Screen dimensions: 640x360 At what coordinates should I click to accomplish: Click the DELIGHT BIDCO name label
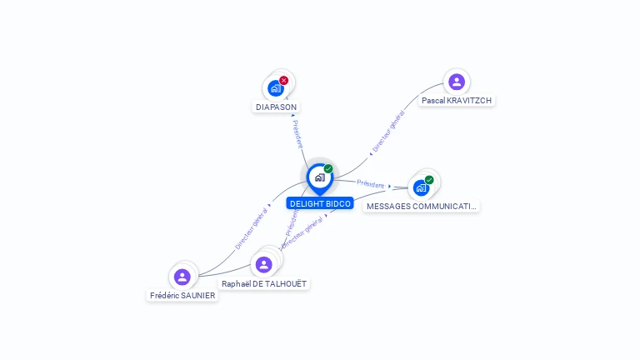pyautogui.click(x=320, y=203)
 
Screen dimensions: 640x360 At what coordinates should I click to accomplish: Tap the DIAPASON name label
pyautogui.click(x=276, y=107)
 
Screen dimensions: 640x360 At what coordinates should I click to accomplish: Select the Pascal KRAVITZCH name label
pyautogui.click(x=457, y=100)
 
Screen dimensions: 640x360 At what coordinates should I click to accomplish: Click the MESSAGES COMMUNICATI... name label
pyautogui.click(x=422, y=206)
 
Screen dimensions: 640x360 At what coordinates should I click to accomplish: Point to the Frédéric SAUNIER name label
pyautogui.click(x=182, y=295)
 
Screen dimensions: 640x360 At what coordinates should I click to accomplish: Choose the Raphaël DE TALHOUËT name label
pyautogui.click(x=264, y=283)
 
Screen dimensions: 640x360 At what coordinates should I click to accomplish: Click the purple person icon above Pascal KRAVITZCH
pyautogui.click(x=457, y=82)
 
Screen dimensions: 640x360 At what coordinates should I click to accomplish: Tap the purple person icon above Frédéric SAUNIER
pyautogui.click(x=182, y=277)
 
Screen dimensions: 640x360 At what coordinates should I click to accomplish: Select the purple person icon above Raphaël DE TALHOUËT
pyautogui.click(x=264, y=264)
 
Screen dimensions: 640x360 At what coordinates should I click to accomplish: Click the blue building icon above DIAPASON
pyautogui.click(x=275, y=88)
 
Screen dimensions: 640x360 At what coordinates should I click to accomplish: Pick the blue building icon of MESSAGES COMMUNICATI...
pyautogui.click(x=421, y=187)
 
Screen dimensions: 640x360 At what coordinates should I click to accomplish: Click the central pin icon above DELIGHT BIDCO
pyautogui.click(x=319, y=177)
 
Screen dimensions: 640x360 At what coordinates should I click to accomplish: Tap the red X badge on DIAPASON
pyautogui.click(x=284, y=80)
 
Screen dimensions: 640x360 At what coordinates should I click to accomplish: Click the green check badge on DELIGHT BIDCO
pyautogui.click(x=328, y=168)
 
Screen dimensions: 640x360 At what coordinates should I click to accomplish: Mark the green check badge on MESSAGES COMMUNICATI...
pyautogui.click(x=429, y=179)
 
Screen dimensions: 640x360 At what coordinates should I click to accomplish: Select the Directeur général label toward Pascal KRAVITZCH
pyautogui.click(x=388, y=131)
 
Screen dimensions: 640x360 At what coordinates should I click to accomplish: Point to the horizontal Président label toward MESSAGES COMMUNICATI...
pyautogui.click(x=370, y=183)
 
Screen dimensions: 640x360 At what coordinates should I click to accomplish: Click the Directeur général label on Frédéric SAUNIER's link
pyautogui.click(x=251, y=228)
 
